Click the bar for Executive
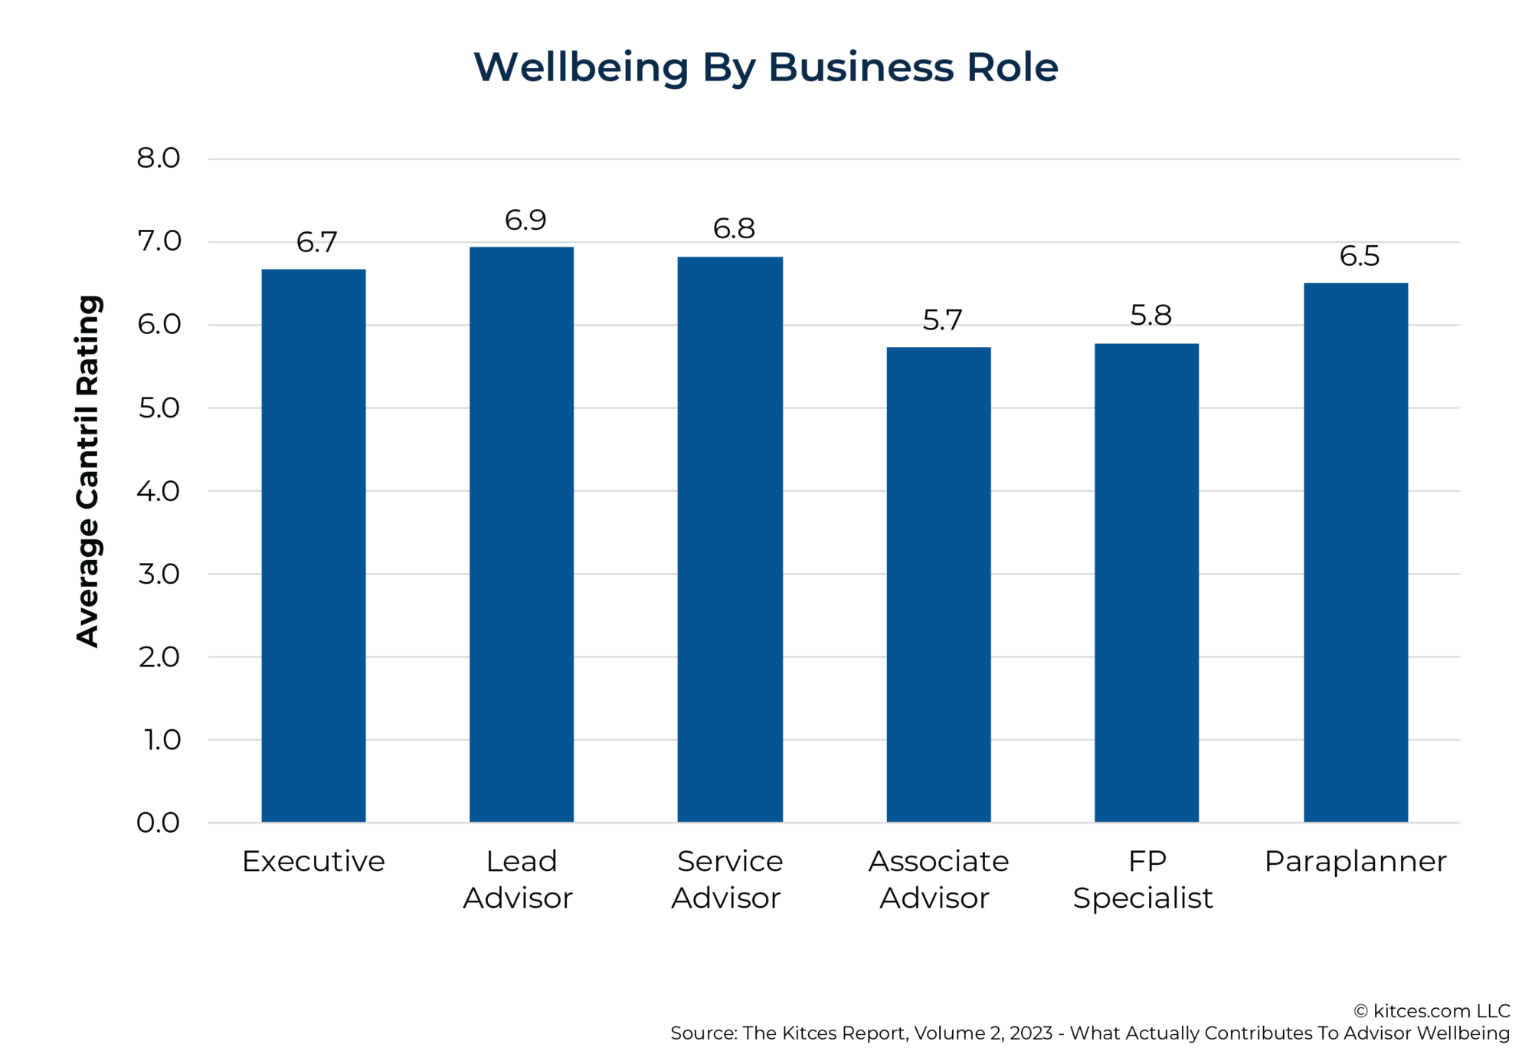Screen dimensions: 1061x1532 click(313, 545)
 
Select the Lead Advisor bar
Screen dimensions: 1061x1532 click(522, 534)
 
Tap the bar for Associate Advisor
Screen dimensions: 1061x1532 click(938, 585)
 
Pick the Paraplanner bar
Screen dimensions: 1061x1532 click(1356, 552)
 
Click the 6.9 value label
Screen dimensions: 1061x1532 click(525, 221)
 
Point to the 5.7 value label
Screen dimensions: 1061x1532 click(942, 320)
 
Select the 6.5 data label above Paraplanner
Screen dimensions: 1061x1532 click(1360, 256)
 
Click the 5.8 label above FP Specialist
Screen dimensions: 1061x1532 click(1151, 316)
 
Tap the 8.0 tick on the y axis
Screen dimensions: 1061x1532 click(159, 159)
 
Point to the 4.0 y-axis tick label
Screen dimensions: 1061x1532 click(159, 491)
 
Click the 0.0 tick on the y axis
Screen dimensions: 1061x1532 click(159, 823)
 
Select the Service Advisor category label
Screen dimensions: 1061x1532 click(728, 879)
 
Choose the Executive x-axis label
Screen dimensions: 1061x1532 click(313, 862)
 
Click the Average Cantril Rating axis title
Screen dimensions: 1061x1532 click(88, 471)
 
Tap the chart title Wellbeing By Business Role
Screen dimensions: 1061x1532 click(766, 67)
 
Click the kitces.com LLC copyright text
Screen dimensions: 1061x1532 click(1432, 1011)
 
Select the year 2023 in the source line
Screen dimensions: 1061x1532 click(1030, 1033)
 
